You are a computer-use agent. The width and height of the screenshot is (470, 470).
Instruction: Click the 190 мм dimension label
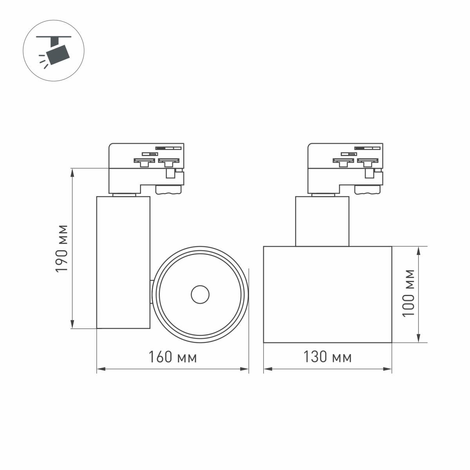[62, 248]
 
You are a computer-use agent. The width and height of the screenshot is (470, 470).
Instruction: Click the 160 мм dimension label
[172, 357]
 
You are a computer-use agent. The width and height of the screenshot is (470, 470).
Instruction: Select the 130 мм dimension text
[327, 357]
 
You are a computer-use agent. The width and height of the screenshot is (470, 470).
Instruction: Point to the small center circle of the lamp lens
[200, 294]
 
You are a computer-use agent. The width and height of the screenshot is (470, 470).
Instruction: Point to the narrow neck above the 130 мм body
[322, 221]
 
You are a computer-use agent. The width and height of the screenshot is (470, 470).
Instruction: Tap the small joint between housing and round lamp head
[152, 292]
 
